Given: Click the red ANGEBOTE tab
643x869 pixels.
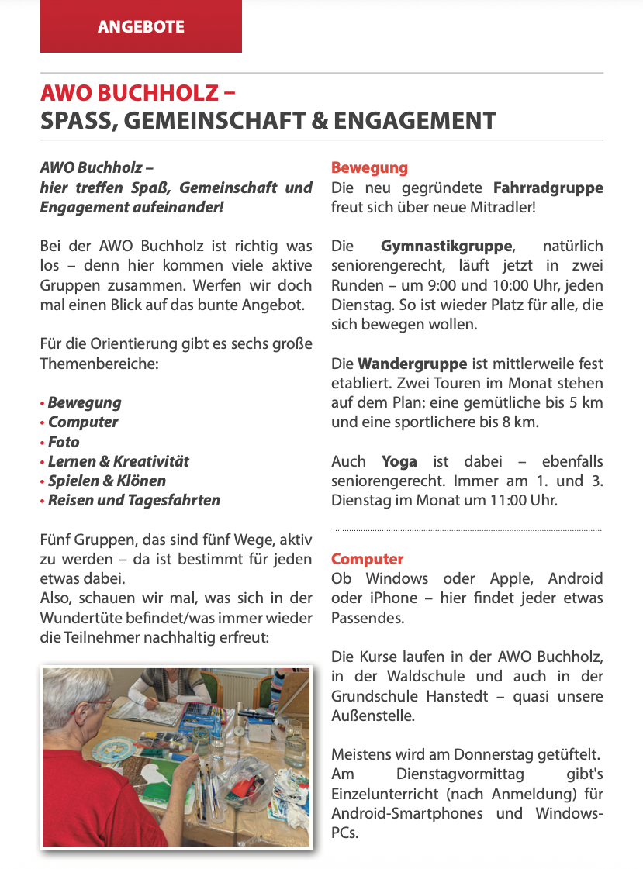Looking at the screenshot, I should tap(140, 26).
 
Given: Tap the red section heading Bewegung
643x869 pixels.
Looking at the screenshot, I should tap(369, 167).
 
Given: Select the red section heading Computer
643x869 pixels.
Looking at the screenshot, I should tap(367, 559).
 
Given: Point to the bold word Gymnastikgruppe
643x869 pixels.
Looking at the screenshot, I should tap(447, 247).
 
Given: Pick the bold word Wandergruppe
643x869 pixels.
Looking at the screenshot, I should tap(412, 364).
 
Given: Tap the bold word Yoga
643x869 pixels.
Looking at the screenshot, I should tap(399, 461).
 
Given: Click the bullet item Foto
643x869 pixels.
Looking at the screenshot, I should tap(64, 442).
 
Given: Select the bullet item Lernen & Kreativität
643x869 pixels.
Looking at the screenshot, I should tap(118, 461).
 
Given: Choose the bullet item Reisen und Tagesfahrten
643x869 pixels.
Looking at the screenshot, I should tap(133, 501).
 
